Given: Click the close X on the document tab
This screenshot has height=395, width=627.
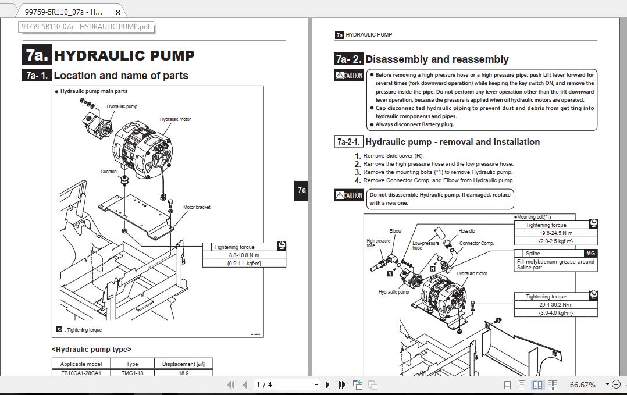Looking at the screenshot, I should click(x=119, y=12).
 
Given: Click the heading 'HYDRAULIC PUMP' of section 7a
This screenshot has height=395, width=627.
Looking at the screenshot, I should click(x=124, y=56).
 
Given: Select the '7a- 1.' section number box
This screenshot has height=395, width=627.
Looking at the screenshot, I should click(x=37, y=76).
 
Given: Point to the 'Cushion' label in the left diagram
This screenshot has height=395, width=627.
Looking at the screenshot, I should click(x=109, y=172).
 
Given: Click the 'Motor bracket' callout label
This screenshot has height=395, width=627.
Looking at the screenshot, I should click(x=197, y=207).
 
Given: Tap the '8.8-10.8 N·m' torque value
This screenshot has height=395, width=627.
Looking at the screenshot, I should click(x=244, y=255).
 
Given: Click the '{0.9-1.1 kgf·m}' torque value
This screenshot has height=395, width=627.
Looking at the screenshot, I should click(x=244, y=264).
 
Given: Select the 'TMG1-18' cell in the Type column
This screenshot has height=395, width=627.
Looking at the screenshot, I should click(x=132, y=373).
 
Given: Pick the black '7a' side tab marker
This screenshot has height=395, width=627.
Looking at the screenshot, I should click(x=301, y=190).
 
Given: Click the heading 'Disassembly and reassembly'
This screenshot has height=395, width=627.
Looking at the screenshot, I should click(x=437, y=59).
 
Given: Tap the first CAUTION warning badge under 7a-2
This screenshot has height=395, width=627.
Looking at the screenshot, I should click(x=349, y=76).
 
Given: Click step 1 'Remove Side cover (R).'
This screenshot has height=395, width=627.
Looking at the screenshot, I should click(x=393, y=156).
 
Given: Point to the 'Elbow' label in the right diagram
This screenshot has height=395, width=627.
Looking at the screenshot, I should click(x=395, y=231).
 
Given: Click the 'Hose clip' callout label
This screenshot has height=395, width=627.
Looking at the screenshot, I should click(x=466, y=231).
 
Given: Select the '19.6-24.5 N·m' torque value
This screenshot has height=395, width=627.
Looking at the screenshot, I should click(x=555, y=233).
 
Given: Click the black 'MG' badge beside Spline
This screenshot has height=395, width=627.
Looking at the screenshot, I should click(x=590, y=254).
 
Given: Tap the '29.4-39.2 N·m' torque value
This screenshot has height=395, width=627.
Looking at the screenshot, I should click(x=555, y=305).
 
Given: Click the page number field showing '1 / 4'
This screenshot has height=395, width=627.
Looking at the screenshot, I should click(x=287, y=385).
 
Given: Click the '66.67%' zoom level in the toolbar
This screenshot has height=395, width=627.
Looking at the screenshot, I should click(x=582, y=385).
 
